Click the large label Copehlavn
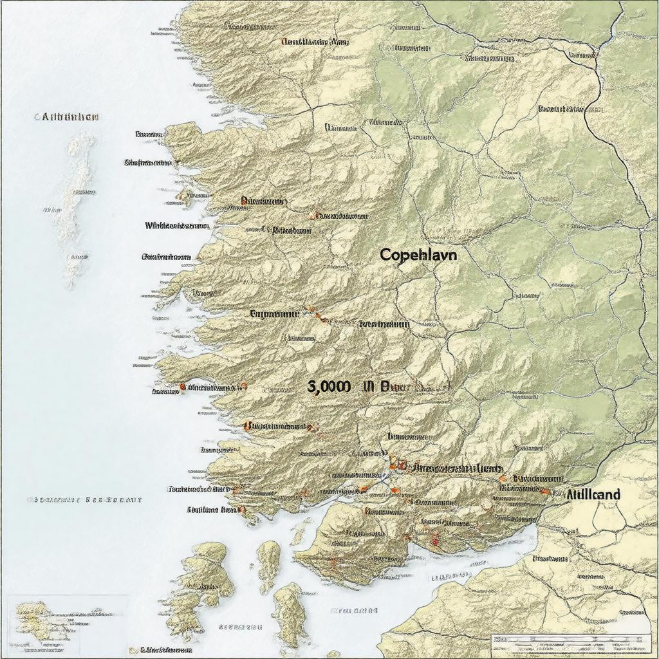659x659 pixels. point(418,254)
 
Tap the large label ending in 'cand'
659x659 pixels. point(594,494)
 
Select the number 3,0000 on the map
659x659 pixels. point(329,386)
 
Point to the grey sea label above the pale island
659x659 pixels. point(70,117)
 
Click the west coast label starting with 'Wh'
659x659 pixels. point(177,226)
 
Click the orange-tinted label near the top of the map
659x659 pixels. point(314,42)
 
